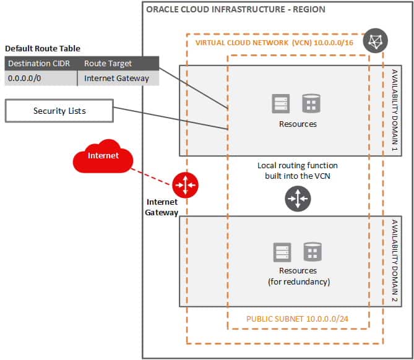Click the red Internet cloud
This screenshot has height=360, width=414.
(103, 157)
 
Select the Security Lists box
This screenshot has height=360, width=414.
(59, 111)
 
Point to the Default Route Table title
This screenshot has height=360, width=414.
(42, 49)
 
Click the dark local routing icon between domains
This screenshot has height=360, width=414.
(297, 199)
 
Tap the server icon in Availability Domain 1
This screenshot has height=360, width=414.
(281, 103)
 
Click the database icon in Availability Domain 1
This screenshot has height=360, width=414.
(311, 103)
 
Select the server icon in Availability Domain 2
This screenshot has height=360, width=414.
(282, 252)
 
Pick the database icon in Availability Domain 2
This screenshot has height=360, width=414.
(312, 252)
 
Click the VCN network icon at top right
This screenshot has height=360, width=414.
(375, 40)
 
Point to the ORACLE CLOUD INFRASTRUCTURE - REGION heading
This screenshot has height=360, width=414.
(235, 10)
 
